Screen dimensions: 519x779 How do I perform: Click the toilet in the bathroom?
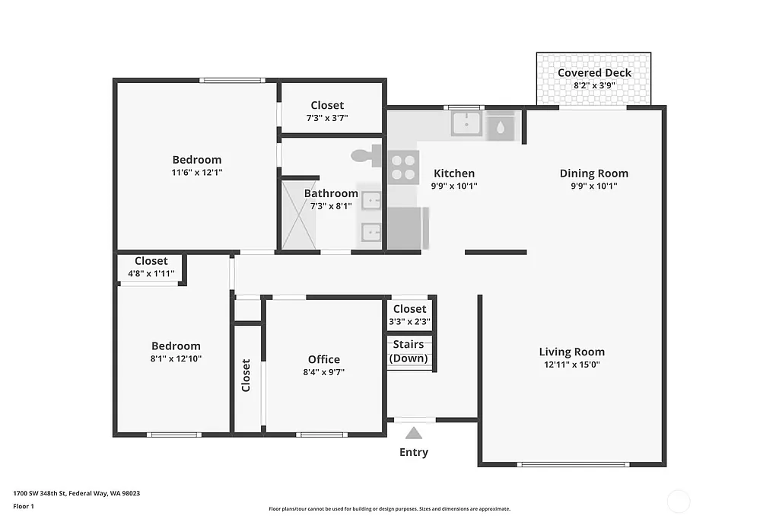coord(367,156)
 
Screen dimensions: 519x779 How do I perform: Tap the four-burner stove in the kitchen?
coord(404,167)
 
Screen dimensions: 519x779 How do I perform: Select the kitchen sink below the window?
coord(466,123)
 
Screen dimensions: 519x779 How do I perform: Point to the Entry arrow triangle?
coord(413,433)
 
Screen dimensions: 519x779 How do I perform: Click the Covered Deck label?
coord(594,73)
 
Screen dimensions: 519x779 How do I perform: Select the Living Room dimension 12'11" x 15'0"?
coord(571,365)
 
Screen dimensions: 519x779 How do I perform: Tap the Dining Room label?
coord(593,173)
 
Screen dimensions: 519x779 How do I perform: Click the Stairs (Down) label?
coord(409,352)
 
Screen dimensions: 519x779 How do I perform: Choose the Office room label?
coord(323,359)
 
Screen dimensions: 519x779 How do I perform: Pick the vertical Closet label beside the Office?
coord(246,375)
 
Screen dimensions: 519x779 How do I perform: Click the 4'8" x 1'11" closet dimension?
coord(151,273)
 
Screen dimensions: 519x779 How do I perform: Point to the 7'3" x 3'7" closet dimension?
coord(327,118)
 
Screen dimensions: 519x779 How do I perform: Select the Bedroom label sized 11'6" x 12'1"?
coord(197,160)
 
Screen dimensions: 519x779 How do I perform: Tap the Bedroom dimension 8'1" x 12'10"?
coord(176,358)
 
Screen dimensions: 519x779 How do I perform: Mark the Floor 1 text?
coord(24,506)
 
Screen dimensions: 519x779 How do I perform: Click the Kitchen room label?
coord(454,174)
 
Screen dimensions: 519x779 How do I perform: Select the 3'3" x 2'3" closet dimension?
coord(409,321)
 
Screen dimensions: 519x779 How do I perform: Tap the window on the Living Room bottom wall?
coord(573,463)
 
